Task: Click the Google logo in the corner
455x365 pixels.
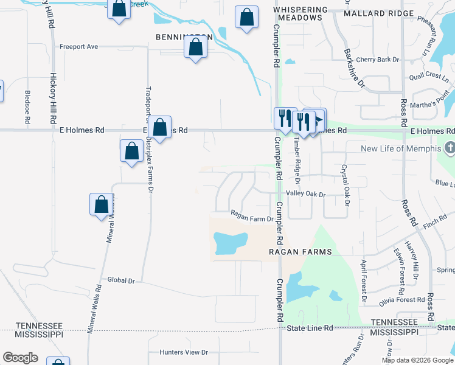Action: (20, 358)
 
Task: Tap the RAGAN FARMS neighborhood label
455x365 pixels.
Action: (302, 252)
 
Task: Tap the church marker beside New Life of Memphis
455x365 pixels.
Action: (450, 148)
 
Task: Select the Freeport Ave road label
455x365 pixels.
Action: (78, 46)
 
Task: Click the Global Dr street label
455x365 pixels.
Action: (120, 280)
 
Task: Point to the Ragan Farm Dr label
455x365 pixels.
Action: (252, 214)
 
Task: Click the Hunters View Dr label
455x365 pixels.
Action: (184, 352)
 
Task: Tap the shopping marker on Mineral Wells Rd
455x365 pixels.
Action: (102, 205)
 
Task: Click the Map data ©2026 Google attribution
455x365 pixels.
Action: (418, 360)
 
